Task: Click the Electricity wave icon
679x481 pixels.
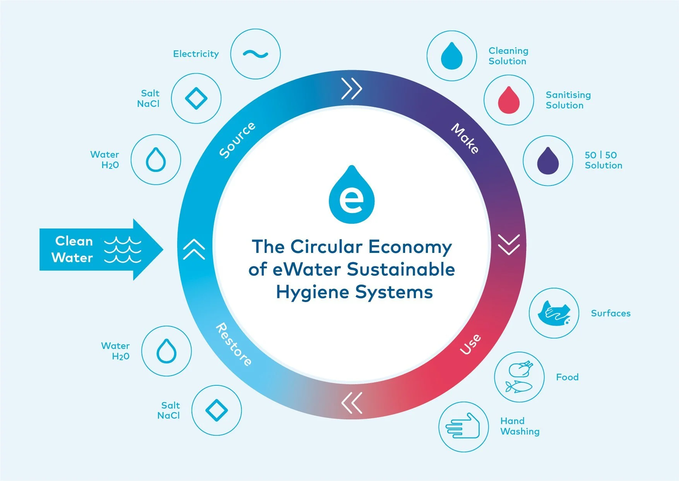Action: (255, 54)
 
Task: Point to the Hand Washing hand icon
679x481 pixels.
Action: (463, 426)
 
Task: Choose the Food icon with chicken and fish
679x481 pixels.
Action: (519, 377)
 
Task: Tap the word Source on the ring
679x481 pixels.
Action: (237, 140)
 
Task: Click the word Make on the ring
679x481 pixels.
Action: (465, 138)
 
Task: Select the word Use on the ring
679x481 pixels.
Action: (470, 344)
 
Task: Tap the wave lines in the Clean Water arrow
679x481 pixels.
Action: (123, 250)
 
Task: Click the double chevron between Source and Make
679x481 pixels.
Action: (351, 89)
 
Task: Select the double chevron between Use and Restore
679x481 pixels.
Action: (352, 402)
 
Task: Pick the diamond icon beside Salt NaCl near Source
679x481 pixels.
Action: (196, 98)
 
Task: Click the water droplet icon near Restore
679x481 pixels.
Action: (166, 351)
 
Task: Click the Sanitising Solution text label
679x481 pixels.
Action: (568, 100)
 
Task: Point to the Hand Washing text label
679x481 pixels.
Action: (520, 426)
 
